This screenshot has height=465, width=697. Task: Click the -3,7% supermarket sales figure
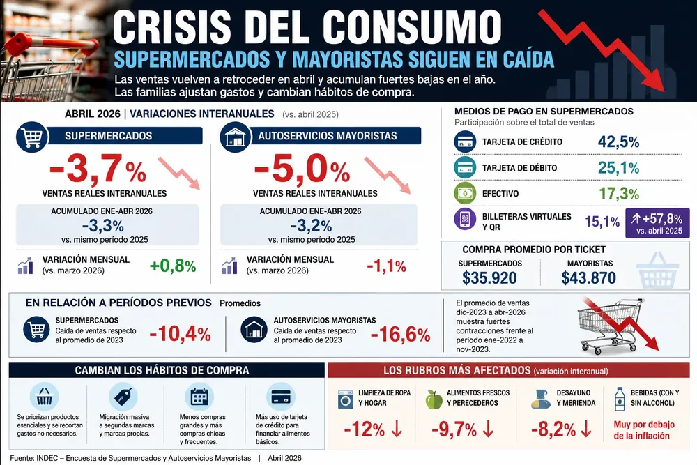(x=98, y=169)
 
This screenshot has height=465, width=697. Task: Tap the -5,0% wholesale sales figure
(x=302, y=169)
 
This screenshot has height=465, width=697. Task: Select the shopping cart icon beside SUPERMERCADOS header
(x=32, y=137)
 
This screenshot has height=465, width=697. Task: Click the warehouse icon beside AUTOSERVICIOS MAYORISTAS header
(x=236, y=137)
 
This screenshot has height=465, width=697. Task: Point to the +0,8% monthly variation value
(x=173, y=266)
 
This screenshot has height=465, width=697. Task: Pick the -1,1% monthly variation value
(x=386, y=266)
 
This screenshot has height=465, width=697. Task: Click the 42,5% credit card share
(x=618, y=142)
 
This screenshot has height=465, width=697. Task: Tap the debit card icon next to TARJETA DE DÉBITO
(x=465, y=167)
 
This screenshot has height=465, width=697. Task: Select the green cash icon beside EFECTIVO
(x=465, y=193)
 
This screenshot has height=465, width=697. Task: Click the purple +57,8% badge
(x=657, y=223)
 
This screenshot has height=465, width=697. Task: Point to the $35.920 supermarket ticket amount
(x=489, y=278)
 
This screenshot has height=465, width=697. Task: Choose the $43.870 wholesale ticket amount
(x=588, y=278)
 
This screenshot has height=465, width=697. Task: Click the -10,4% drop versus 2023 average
(x=180, y=334)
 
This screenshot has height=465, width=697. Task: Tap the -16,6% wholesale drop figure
(x=401, y=335)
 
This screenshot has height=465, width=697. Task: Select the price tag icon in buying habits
(x=123, y=397)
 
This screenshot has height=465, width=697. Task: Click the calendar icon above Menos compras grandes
(x=199, y=397)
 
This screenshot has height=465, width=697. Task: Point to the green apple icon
(x=434, y=399)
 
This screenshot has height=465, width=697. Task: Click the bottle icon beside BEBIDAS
(x=620, y=398)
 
